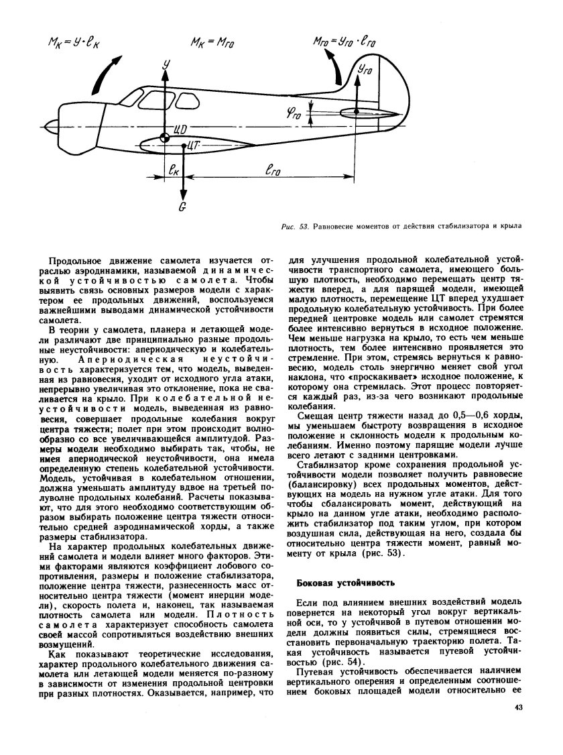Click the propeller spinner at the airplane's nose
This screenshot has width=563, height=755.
point(48,125)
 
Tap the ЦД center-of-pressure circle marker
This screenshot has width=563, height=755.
point(164,138)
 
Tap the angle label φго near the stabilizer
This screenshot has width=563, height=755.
point(293,113)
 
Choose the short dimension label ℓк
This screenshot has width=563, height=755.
point(173,170)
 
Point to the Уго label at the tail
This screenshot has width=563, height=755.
point(365,68)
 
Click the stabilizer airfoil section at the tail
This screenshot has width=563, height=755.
point(366,112)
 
